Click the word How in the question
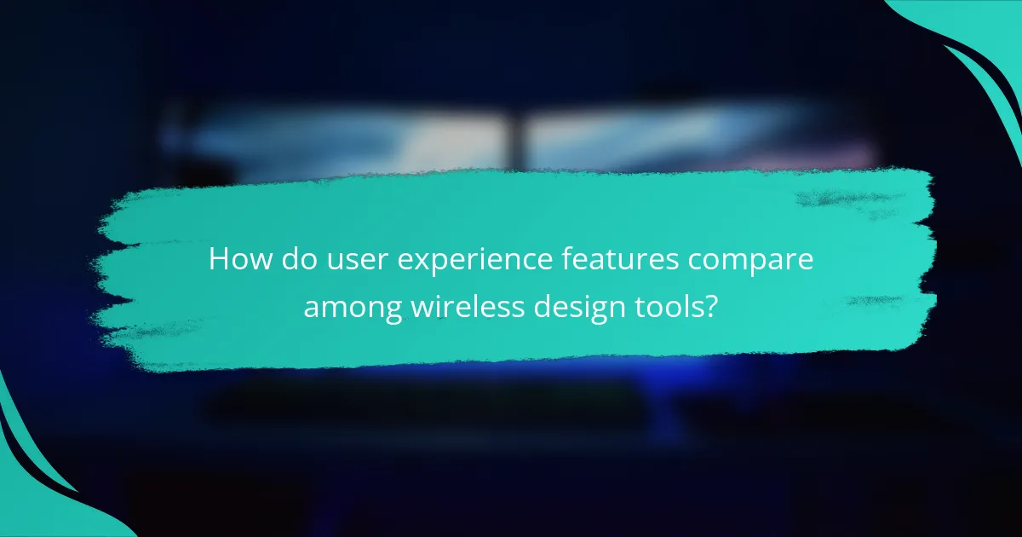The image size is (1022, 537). click(x=236, y=260)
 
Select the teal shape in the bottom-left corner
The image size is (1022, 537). click(x=34, y=494)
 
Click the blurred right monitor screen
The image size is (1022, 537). click(x=681, y=141)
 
